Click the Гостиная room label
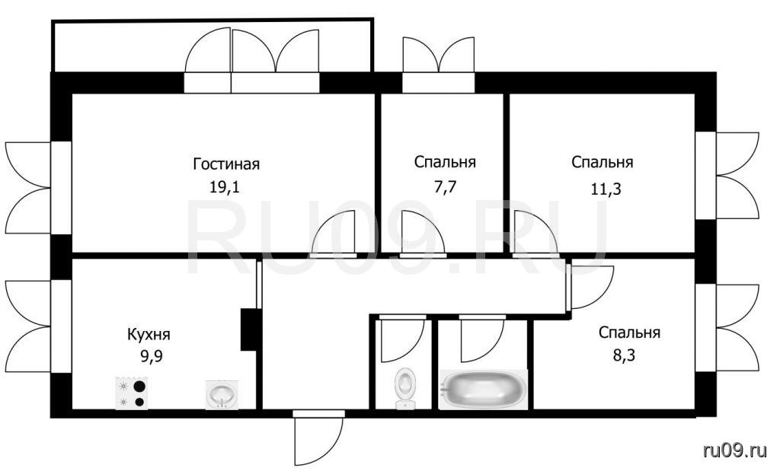coord(226,164)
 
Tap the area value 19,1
coord(225,187)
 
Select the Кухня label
coord(149,334)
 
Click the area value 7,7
coord(445,187)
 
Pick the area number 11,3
coord(606,189)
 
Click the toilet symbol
coord(405,388)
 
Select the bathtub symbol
coord(484,389)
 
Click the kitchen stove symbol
coord(132,393)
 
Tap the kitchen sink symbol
coord(222,395)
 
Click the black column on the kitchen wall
coord(248,330)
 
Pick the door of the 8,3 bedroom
coord(590,287)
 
